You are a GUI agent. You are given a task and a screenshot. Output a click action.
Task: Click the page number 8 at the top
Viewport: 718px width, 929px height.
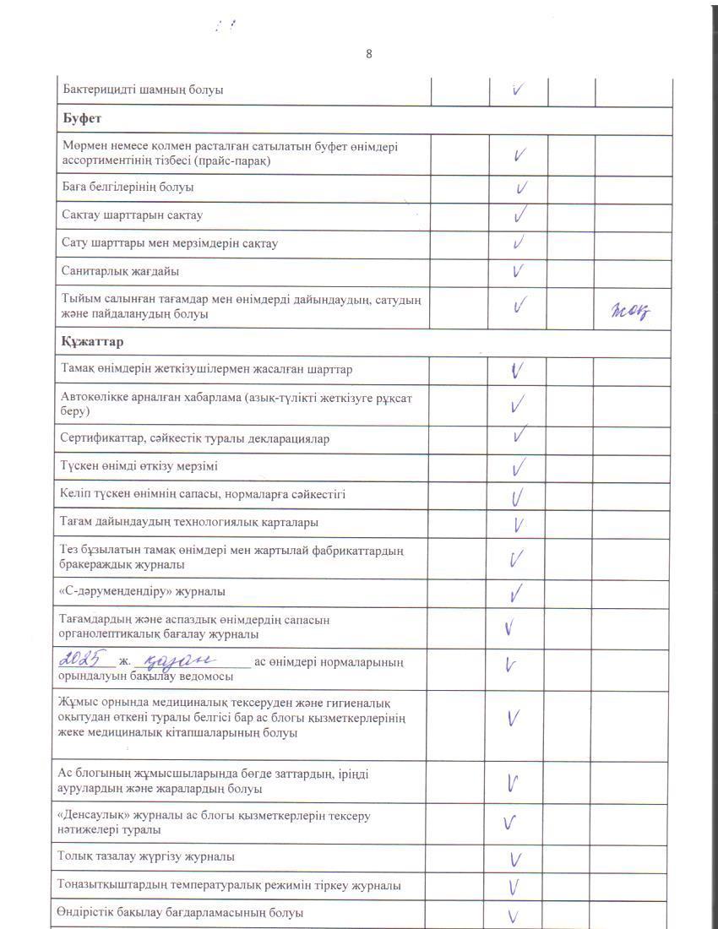coord(369,54)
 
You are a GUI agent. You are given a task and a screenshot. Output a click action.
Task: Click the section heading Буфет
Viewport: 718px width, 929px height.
coord(81,119)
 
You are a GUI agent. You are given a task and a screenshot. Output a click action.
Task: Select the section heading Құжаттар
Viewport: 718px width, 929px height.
coord(92,342)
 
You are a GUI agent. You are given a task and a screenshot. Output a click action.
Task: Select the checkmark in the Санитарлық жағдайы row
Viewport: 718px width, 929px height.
coord(519,271)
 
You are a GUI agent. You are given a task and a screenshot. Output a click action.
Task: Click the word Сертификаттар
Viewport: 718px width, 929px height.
coord(98,438)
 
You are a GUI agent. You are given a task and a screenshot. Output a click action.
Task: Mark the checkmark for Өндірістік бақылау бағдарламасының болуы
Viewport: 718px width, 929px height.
coord(513,915)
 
